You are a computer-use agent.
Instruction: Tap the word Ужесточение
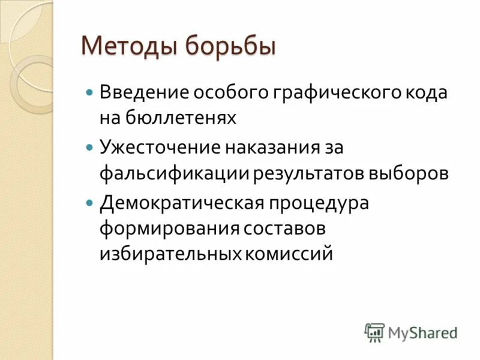pos(157,147)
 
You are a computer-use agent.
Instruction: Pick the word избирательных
pos(169,254)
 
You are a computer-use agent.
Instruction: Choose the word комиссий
pos(288,254)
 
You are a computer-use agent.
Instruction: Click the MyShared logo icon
pos(374,332)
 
